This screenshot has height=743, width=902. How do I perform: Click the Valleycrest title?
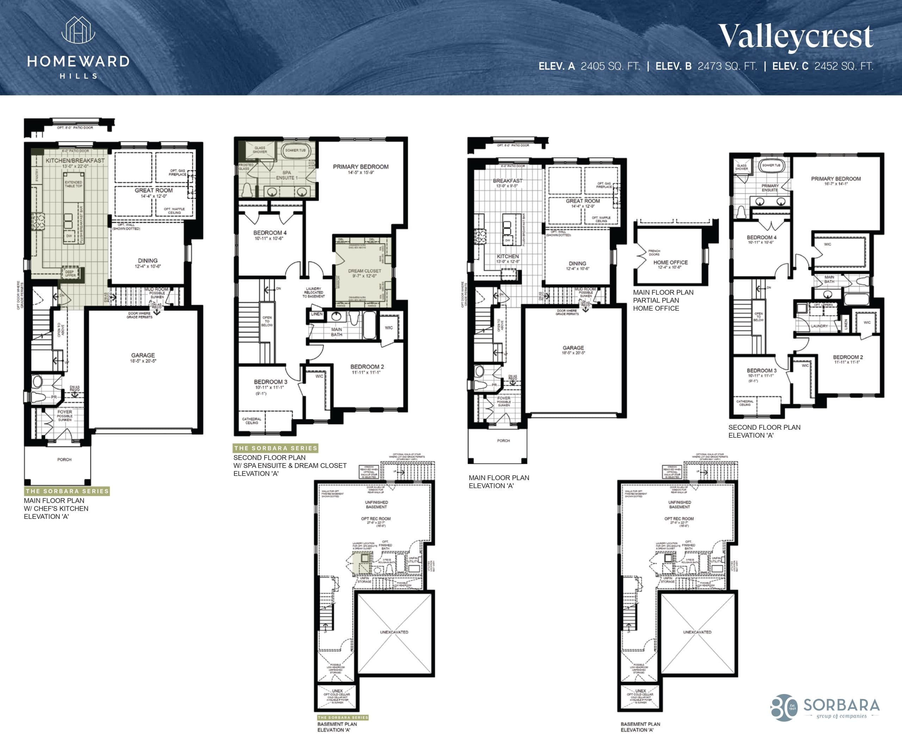[x=795, y=36]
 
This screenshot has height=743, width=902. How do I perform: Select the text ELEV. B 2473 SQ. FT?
[x=706, y=66]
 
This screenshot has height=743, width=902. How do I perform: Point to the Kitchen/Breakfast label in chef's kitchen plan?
[x=75, y=160]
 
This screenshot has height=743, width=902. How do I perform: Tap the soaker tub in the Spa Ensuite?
[x=295, y=151]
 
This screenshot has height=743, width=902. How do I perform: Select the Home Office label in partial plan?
[x=670, y=262]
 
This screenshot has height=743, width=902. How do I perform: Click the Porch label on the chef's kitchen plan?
[x=64, y=460]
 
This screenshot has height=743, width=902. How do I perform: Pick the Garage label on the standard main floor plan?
[x=573, y=348]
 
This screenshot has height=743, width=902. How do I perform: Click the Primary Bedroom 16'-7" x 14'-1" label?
[x=836, y=179]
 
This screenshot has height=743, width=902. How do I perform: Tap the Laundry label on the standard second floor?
[x=819, y=326]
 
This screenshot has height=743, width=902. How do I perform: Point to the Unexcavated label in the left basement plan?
[x=394, y=632]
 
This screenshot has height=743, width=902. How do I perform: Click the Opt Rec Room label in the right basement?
[x=679, y=519]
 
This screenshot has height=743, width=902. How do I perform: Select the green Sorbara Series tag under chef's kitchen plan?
[x=67, y=491]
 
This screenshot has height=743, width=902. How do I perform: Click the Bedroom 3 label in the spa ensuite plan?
[x=271, y=382]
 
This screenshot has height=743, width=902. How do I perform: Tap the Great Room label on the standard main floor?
[x=582, y=201]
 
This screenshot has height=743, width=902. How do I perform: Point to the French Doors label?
[x=654, y=252]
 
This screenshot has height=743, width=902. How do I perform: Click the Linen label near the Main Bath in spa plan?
[x=317, y=314]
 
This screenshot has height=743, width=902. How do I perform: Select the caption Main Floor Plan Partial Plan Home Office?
[x=663, y=300]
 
